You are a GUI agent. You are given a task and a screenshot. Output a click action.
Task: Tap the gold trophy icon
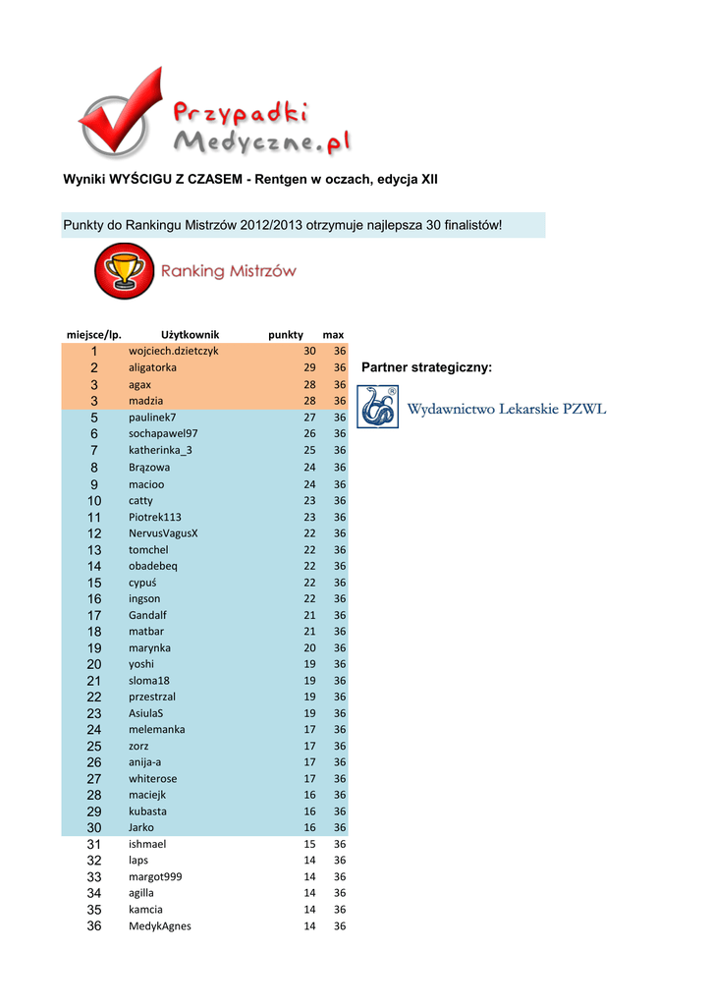point(124,270)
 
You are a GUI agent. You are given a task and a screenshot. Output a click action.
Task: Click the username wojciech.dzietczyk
point(173,351)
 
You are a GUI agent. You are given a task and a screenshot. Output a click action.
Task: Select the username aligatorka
point(152,367)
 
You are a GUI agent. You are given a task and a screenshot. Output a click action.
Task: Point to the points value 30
point(309,351)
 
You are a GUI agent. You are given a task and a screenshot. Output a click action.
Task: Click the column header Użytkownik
point(190,334)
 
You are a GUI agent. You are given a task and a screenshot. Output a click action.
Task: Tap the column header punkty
point(286,334)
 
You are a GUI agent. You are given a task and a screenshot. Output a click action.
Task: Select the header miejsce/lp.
point(93,334)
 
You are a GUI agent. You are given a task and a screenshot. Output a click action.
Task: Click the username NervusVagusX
point(163,533)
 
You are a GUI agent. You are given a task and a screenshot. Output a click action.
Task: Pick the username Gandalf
point(147,615)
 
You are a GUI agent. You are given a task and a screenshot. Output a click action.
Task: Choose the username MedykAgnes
point(160,925)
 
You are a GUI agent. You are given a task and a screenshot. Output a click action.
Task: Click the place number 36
point(94,925)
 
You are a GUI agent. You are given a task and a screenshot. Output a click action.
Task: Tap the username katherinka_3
point(160,450)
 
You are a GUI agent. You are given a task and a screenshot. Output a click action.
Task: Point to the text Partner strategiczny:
point(426,367)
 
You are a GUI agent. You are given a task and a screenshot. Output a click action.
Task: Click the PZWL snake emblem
point(378,407)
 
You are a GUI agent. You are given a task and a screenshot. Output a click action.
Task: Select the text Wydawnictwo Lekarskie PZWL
point(507,409)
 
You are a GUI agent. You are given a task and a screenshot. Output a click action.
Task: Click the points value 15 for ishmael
point(309,844)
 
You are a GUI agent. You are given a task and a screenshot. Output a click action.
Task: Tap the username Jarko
point(141,827)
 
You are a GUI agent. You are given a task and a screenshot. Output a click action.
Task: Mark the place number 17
point(94,615)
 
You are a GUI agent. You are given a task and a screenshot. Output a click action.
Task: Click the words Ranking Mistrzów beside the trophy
point(228,271)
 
